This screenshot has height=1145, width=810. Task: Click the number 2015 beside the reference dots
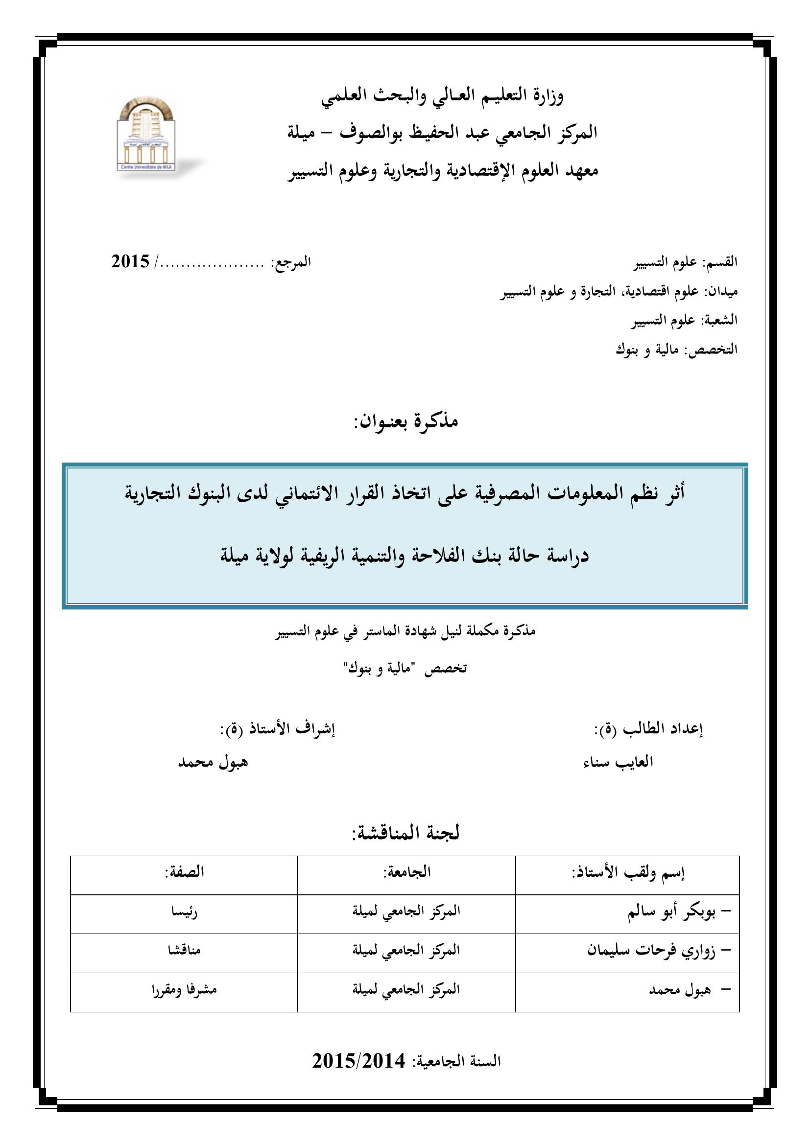(130, 261)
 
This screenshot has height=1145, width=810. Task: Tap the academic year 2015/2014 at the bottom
(358, 1075)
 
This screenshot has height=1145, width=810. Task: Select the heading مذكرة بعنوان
(405, 422)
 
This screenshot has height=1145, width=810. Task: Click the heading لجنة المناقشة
(405, 833)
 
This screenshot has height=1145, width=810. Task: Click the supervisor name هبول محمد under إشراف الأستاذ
(213, 762)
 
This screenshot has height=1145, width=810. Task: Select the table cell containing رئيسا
(184, 912)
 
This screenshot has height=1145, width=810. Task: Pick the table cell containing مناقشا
(184, 950)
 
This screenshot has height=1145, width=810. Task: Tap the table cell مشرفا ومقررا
(184, 989)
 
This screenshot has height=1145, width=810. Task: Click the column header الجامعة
(406, 872)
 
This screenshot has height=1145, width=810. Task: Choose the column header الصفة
(184, 872)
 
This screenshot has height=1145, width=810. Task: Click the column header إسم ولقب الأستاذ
(628, 873)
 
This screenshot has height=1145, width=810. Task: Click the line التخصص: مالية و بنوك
(676, 350)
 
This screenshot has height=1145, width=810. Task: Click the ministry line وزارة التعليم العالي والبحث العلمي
(442, 96)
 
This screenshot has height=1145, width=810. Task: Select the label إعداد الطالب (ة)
(648, 729)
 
